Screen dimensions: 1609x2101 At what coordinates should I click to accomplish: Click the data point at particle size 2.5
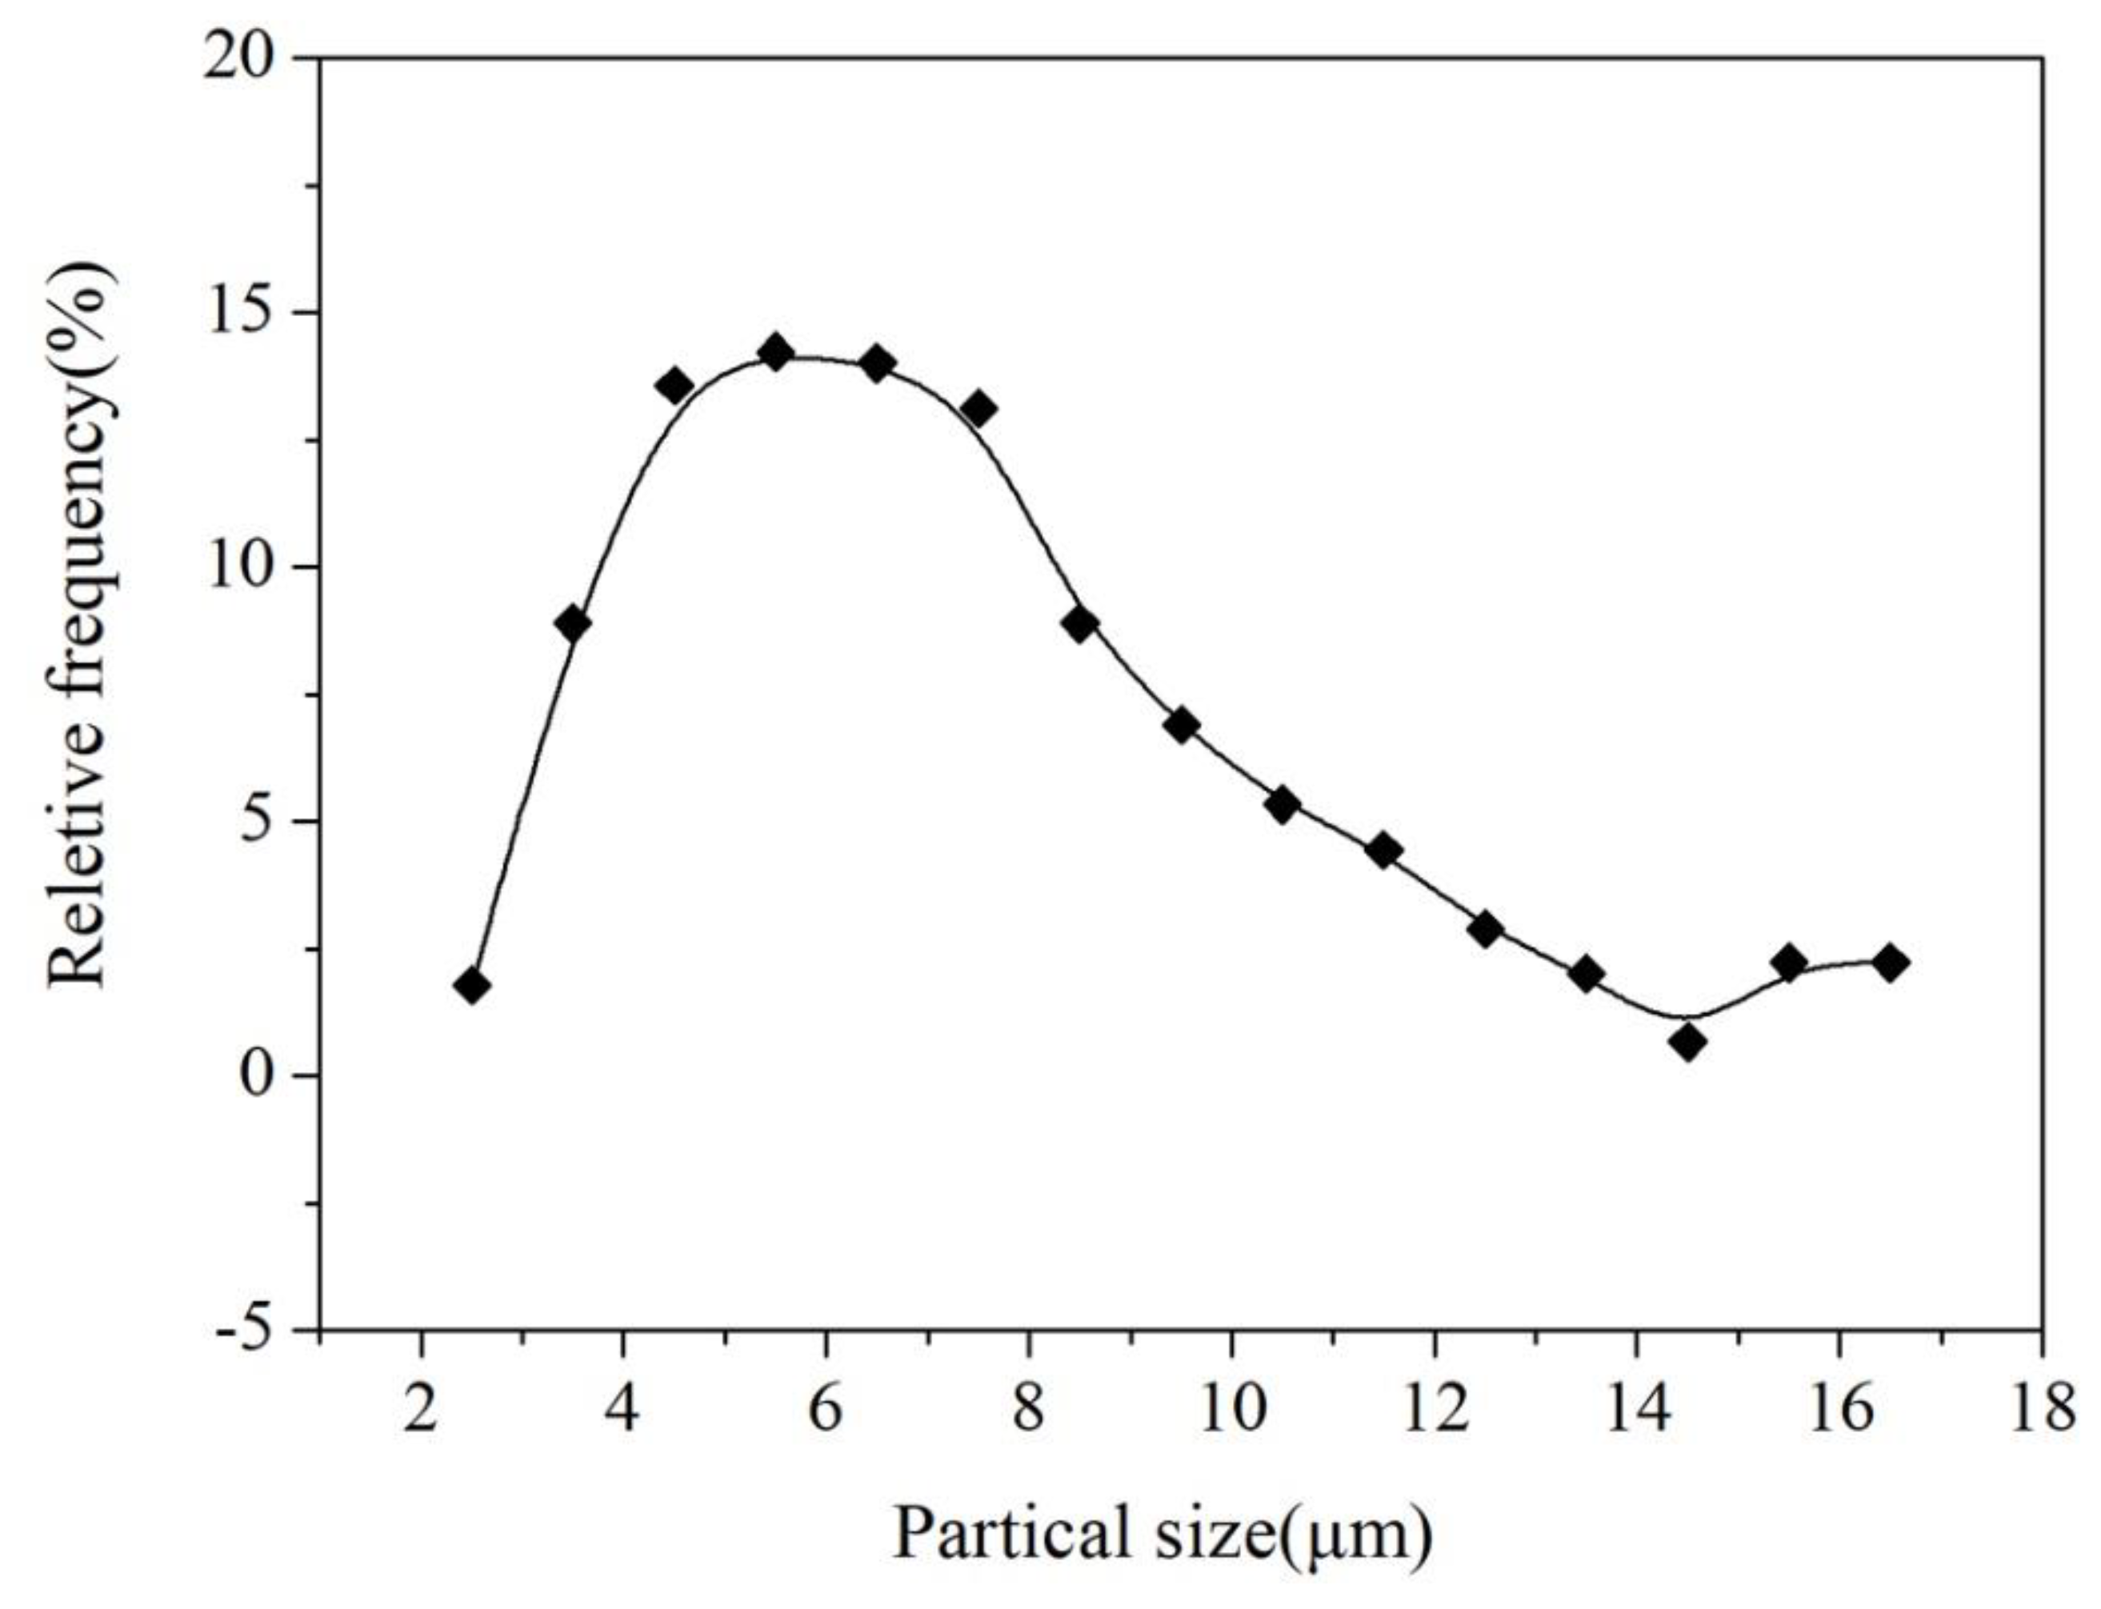tap(472, 987)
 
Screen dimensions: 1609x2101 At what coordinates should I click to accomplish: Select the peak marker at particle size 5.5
tap(775, 354)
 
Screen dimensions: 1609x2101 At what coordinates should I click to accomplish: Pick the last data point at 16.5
tap(1891, 963)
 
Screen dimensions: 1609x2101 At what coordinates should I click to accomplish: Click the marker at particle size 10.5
tap(1283, 806)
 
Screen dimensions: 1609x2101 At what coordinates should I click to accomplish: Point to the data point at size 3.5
tap(573, 624)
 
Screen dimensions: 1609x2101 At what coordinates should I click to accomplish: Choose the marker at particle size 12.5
tap(1485, 929)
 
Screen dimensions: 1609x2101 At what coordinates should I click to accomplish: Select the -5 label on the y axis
tap(242, 1331)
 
